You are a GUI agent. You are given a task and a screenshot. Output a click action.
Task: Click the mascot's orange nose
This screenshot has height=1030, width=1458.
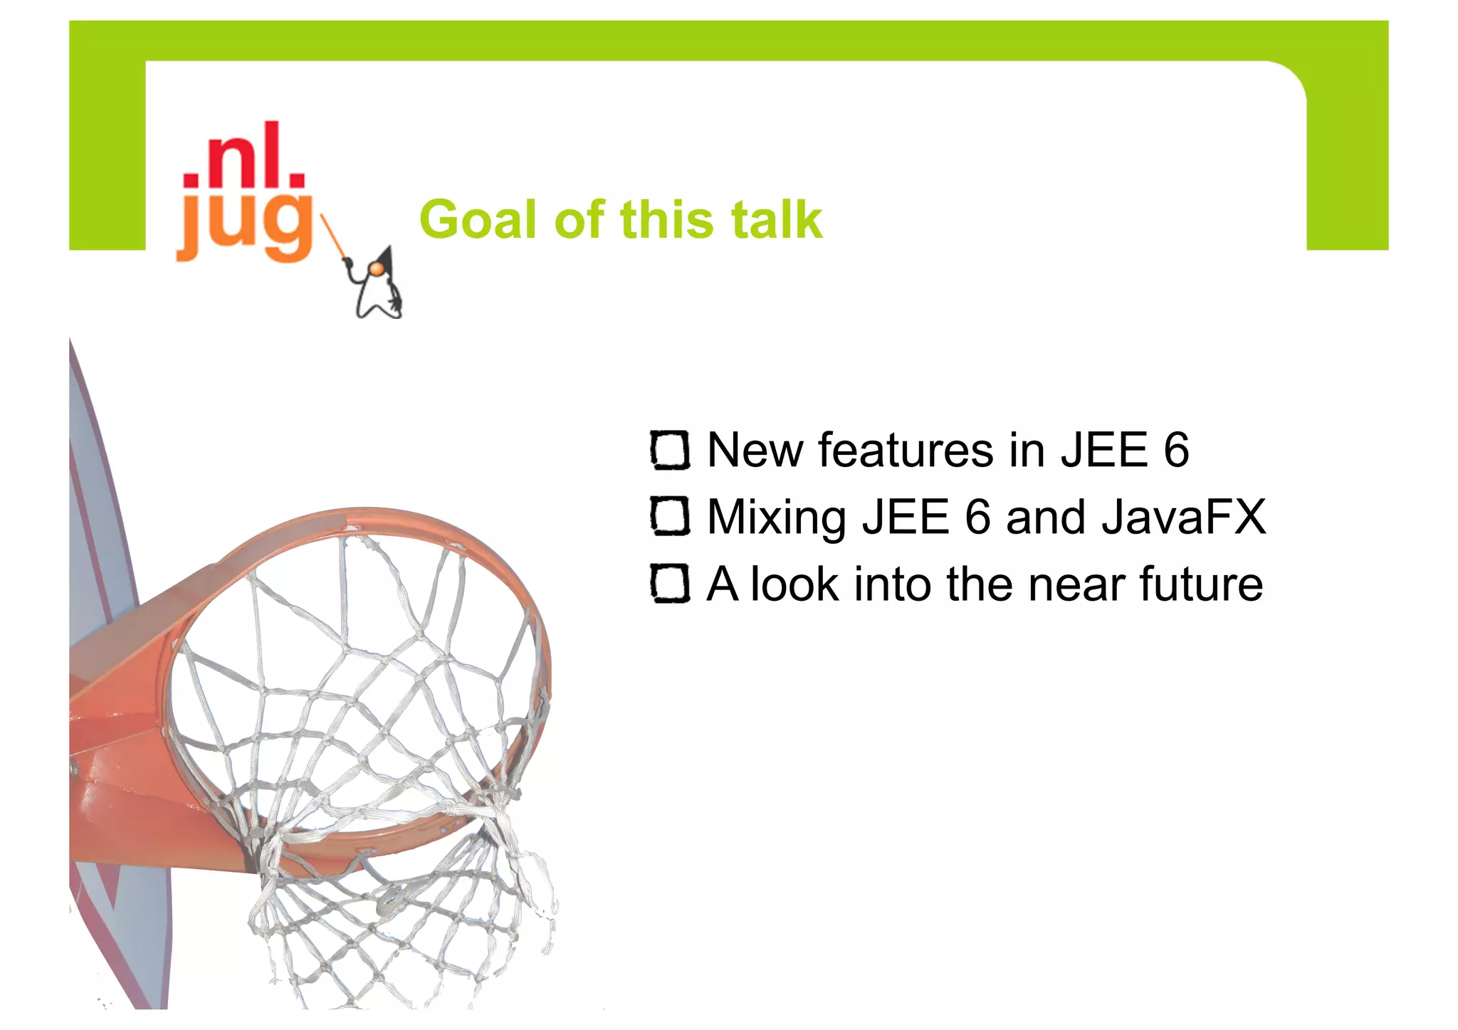(x=375, y=268)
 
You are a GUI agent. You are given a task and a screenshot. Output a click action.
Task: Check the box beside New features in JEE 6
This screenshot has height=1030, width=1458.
(x=670, y=450)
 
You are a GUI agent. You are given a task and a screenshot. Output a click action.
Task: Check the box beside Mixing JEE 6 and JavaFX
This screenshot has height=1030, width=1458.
(x=670, y=516)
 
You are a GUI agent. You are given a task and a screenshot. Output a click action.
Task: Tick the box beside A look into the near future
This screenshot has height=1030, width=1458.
(x=670, y=584)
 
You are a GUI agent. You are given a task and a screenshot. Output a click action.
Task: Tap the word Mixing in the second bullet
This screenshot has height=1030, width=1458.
(x=777, y=517)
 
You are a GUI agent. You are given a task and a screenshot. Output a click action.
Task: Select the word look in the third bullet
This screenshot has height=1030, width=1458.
(x=794, y=584)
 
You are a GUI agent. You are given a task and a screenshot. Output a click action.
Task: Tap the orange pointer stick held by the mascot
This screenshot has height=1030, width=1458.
(x=333, y=236)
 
